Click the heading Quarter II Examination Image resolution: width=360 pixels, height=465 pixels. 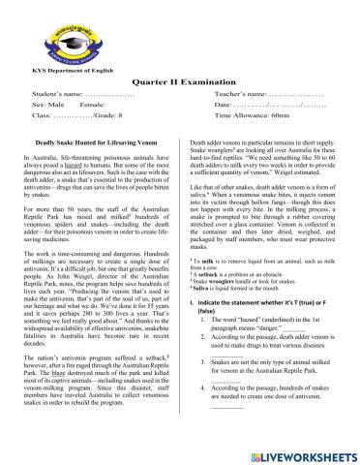click(180, 84)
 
